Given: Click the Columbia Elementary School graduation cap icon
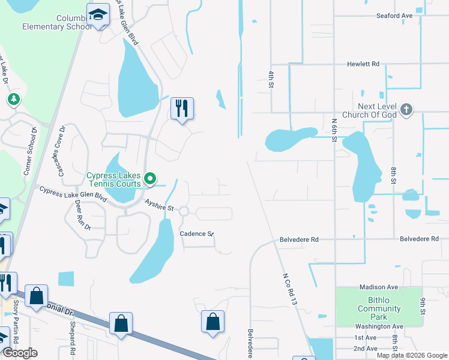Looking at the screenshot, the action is pyautogui.click(x=97, y=14).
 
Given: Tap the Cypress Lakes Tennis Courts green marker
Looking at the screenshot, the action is pyautogui.click(x=151, y=178).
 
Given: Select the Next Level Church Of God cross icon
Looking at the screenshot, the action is pyautogui.click(x=406, y=109).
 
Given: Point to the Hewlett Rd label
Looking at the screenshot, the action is pyautogui.click(x=363, y=64).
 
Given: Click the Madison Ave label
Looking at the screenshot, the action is pyautogui.click(x=379, y=287).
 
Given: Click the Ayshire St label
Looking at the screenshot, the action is pyautogui.click(x=159, y=206).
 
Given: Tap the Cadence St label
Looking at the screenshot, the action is pyautogui.click(x=197, y=233).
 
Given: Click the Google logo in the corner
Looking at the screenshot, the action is pyautogui.click(x=19, y=353).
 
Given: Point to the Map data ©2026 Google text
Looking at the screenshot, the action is pyautogui.click(x=412, y=355).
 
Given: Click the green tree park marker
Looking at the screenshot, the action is pyautogui.click(x=12, y=98).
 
